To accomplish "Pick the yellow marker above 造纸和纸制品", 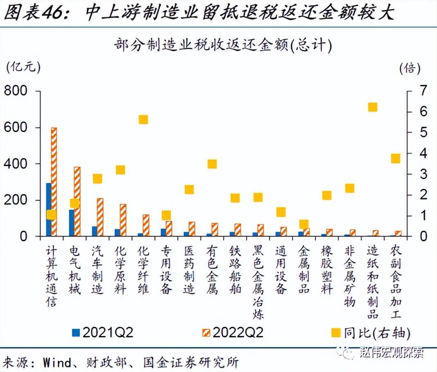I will [372, 107].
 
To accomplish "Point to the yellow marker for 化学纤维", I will [143, 119].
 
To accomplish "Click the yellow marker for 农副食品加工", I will [395, 159].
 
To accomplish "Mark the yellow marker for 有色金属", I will [212, 164].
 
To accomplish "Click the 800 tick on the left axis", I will [16, 91].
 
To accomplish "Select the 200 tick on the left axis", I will [16, 200].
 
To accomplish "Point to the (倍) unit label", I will [410, 67].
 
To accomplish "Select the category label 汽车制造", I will [97, 270].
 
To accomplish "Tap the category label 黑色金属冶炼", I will [258, 282].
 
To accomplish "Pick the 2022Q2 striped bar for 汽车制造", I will [100, 217].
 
